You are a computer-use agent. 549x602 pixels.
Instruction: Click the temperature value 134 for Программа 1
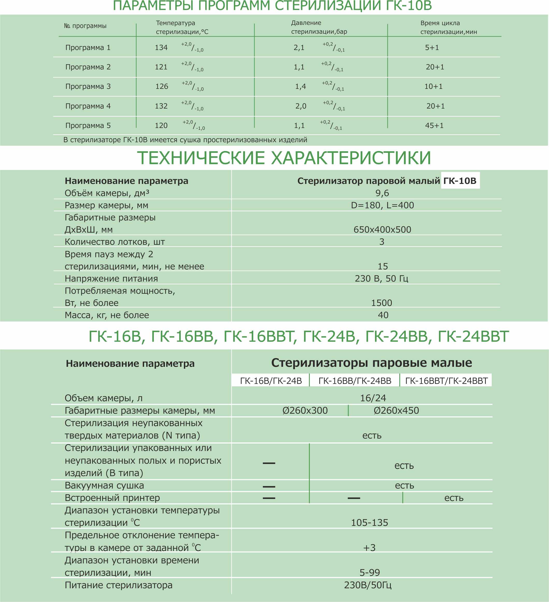(x=161, y=47)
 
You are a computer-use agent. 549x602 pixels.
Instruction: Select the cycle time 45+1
(x=434, y=125)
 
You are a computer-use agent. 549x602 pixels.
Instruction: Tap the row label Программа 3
(x=88, y=86)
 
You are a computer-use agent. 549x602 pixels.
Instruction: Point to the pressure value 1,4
(x=300, y=86)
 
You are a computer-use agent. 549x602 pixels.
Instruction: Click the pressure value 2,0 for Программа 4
(x=301, y=106)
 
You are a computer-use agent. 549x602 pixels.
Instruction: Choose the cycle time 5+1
(x=432, y=47)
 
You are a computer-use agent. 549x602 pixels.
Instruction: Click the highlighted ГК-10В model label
(x=460, y=181)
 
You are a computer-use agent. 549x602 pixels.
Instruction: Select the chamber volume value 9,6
(x=382, y=193)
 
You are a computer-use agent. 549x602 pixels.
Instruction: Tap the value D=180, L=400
(x=382, y=205)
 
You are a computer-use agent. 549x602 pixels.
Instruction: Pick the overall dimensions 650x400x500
(x=382, y=229)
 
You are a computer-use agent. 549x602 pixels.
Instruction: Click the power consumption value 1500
(x=381, y=303)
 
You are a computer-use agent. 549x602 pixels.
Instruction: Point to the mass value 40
(x=383, y=315)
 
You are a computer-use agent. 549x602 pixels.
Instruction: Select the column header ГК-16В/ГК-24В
(x=271, y=381)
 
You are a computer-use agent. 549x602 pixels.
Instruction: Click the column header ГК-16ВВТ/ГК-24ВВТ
(x=446, y=381)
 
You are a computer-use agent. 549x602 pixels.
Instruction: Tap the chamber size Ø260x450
(x=396, y=410)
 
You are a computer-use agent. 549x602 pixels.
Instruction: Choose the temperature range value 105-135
(x=370, y=522)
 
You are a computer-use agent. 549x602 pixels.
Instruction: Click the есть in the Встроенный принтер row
(x=454, y=498)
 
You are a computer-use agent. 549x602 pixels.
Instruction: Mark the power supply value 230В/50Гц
(x=368, y=585)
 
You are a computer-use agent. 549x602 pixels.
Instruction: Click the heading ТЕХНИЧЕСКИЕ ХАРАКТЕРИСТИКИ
(x=284, y=158)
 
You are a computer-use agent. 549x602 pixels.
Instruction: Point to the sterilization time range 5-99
(x=370, y=572)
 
